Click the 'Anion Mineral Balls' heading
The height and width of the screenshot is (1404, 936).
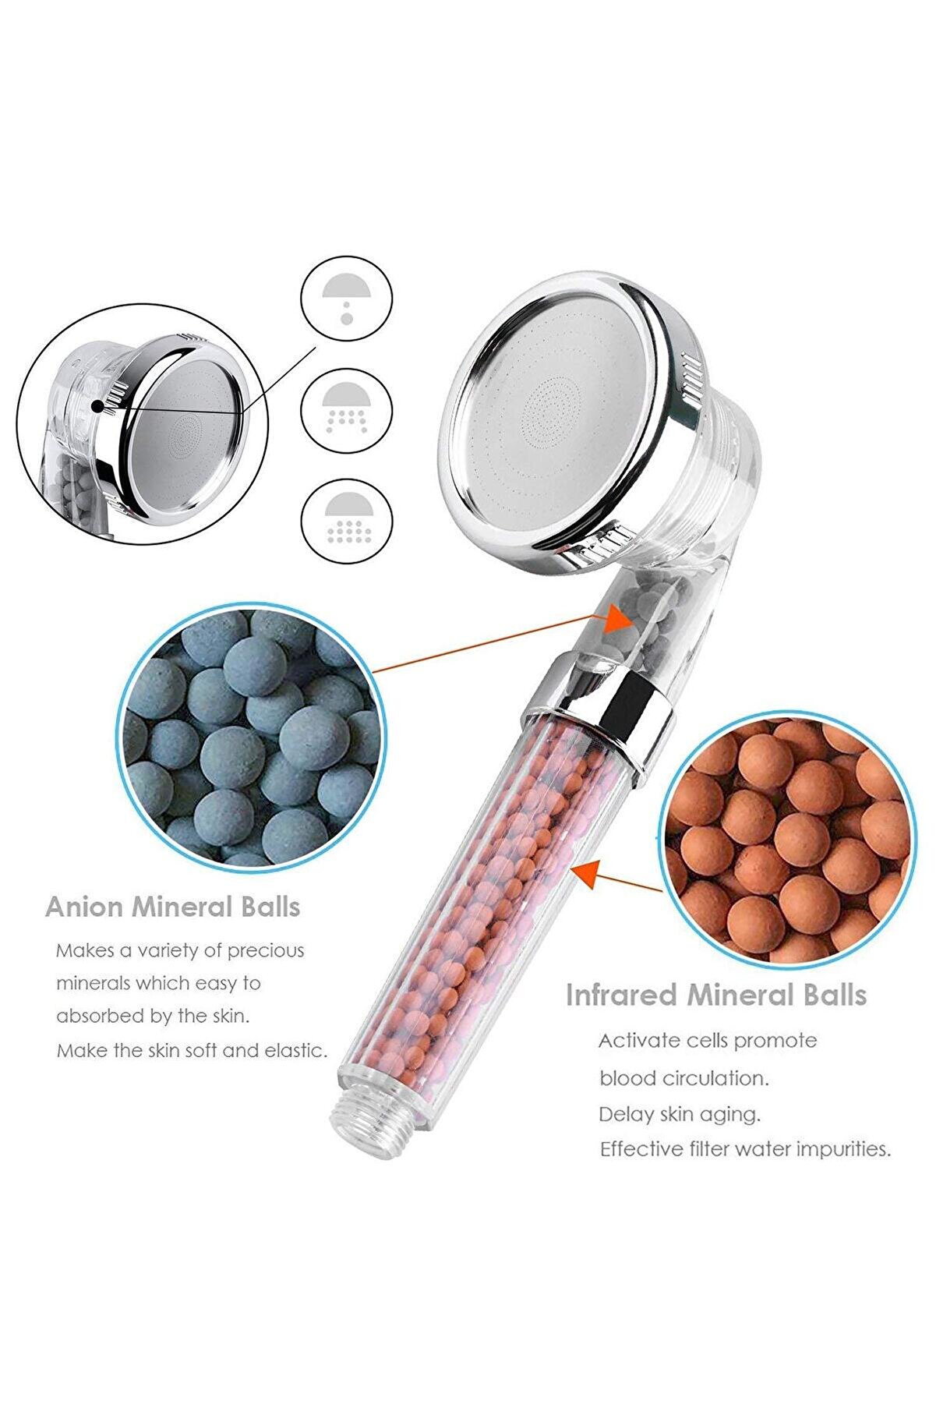pyautogui.click(x=172, y=907)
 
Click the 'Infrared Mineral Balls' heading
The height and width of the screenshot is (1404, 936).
pyautogui.click(x=715, y=995)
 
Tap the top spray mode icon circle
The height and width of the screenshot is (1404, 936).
pyautogui.click(x=347, y=299)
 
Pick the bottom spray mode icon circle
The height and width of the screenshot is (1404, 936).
pyautogui.click(x=347, y=519)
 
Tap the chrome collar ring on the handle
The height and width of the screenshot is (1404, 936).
pyautogui.click(x=598, y=712)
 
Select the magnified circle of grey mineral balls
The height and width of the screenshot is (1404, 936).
pyautogui.click(x=252, y=734)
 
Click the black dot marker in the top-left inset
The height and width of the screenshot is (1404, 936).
pyautogui.click(x=97, y=406)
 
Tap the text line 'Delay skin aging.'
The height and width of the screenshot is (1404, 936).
pyautogui.click(x=679, y=1115)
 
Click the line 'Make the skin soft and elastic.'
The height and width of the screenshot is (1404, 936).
pyautogui.click(x=192, y=1050)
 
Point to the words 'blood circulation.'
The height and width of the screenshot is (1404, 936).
pyautogui.click(x=683, y=1078)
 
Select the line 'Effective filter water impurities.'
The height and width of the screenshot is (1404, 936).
pyautogui.click(x=745, y=1149)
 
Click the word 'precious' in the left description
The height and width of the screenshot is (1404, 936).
pyautogui.click(x=266, y=952)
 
